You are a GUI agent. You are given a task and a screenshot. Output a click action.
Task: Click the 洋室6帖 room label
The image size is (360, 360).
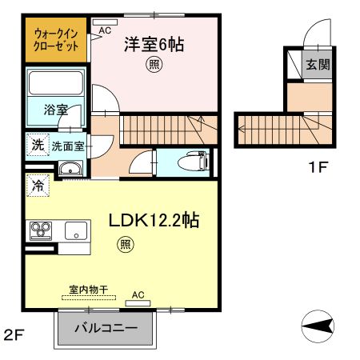coord(154,45)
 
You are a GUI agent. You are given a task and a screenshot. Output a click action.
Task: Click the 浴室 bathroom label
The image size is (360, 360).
coord(55,110)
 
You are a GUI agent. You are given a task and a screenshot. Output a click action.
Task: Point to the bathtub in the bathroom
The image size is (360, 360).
coord(56,83)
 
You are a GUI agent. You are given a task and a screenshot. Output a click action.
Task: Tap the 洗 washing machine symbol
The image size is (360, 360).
coord(37,146)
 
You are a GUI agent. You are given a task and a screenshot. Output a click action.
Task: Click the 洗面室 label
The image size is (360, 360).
coord(69,146)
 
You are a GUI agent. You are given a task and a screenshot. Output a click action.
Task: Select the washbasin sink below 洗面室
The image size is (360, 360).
coord(70,168)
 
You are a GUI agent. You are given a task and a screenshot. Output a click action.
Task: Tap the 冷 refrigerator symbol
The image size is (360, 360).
coord(37,186)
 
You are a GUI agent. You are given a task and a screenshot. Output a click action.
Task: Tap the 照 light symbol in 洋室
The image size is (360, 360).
coord(153,66)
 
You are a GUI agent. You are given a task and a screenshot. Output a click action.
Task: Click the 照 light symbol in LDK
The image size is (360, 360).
coord(125,243)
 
